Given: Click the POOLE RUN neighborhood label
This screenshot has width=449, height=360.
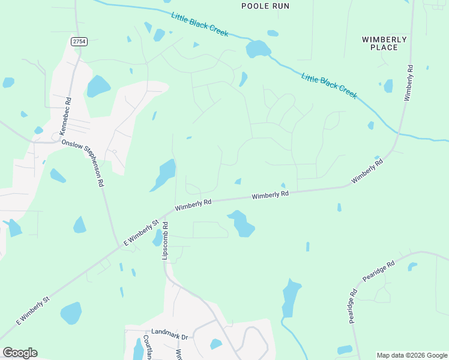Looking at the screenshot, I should [x=265, y=6].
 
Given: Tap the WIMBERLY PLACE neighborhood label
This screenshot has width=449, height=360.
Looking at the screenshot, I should [x=384, y=43].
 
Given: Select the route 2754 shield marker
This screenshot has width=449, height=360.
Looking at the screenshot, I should [x=78, y=41].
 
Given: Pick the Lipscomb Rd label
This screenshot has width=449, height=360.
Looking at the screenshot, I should [x=165, y=239].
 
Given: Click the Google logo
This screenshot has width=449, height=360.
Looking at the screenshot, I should [x=20, y=353].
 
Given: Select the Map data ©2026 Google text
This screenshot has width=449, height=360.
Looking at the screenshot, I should [x=412, y=355].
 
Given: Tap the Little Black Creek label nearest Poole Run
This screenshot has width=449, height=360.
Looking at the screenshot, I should [x=199, y=25].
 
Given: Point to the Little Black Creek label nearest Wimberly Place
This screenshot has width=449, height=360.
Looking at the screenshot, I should [x=329, y=85].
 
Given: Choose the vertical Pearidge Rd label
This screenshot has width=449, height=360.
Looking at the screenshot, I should [x=353, y=307].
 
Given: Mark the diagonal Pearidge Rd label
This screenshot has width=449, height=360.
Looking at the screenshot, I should [x=378, y=272].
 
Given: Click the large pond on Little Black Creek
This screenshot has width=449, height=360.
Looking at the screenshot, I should [x=258, y=49].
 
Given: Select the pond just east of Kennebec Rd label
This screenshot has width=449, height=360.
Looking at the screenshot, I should [x=98, y=86].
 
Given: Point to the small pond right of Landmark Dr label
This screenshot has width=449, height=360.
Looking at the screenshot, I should [x=215, y=344].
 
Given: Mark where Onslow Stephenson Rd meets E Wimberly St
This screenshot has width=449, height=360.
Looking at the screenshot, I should [x=118, y=245].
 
